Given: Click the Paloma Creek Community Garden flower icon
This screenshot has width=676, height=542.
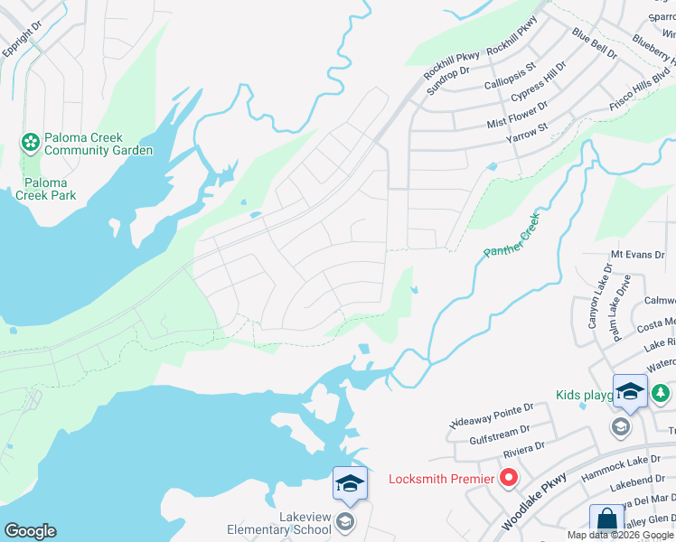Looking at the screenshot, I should point(30,142).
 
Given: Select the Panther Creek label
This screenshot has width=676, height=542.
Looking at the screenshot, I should point(515,239).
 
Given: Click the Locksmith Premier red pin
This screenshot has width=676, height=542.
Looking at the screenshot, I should point(509,478).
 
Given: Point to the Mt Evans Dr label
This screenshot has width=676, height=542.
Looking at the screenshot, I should point(637,256).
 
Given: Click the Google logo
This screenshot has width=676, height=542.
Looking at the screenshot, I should point(30,531).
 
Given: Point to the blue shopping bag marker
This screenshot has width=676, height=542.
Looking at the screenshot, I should point(606,522).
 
